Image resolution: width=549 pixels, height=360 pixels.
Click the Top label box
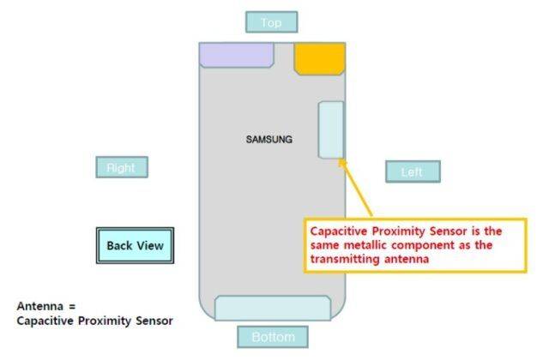point(271,22)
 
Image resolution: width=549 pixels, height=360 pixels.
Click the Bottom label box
point(273,337)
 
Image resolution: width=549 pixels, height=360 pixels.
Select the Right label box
point(121,168)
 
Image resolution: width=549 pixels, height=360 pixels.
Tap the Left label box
point(412,171)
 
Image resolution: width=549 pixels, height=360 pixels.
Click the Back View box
point(135,246)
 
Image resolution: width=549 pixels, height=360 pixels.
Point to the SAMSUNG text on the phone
point(269,139)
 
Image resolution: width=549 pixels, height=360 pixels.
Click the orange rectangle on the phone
point(319,57)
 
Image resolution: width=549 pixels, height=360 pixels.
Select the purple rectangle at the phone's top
point(237,54)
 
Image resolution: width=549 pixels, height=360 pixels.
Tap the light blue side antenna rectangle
point(331,129)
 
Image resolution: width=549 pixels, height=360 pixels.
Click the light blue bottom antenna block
point(273,308)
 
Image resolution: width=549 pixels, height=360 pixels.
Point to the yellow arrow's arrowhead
point(341,161)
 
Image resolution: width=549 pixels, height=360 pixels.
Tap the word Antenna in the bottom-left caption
point(38,305)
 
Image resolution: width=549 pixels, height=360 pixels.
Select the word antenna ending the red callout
point(407,259)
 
